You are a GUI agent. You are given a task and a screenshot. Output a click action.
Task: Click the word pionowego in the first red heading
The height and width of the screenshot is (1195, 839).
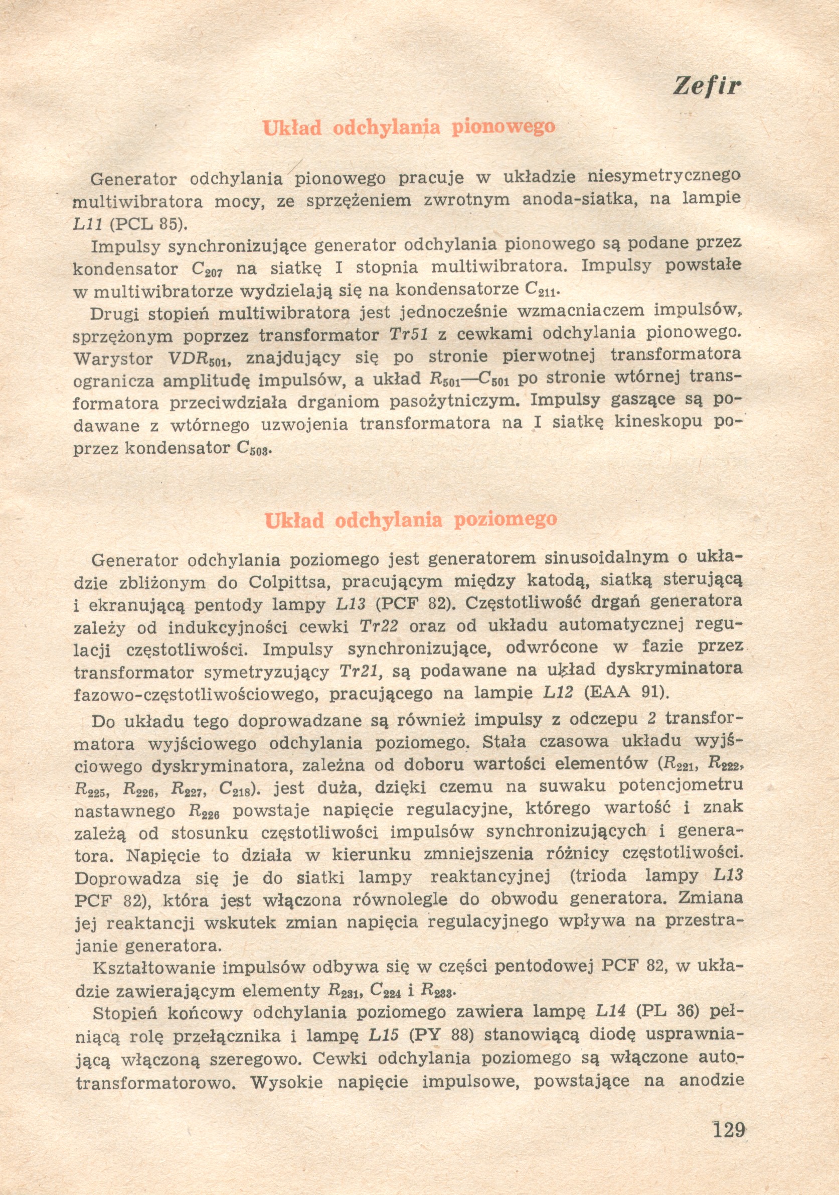pos(503,127)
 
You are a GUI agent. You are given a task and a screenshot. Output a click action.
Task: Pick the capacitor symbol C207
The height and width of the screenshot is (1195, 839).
pos(207,269)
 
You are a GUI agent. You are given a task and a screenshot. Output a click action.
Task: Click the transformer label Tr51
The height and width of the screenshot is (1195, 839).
pos(408,334)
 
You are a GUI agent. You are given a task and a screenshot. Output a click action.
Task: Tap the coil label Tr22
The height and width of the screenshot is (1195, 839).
pos(379,626)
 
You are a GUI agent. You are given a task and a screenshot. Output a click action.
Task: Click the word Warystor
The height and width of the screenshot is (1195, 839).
pos(113,359)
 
